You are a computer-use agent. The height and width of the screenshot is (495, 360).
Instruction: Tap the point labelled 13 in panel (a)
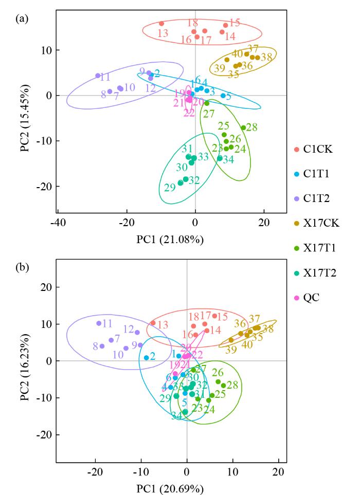161,24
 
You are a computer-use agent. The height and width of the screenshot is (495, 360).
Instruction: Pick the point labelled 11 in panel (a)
98,76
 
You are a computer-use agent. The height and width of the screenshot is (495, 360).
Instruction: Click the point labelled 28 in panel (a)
243,128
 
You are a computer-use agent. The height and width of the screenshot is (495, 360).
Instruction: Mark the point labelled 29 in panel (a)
181,183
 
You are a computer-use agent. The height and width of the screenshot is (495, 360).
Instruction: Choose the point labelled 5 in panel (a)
223,96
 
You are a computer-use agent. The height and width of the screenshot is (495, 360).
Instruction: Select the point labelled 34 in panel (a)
220,158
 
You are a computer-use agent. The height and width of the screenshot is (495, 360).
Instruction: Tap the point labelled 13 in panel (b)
153,323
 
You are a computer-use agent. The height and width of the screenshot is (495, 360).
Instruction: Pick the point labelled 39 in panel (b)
231,340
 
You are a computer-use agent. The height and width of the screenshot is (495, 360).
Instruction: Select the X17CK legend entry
317,224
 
